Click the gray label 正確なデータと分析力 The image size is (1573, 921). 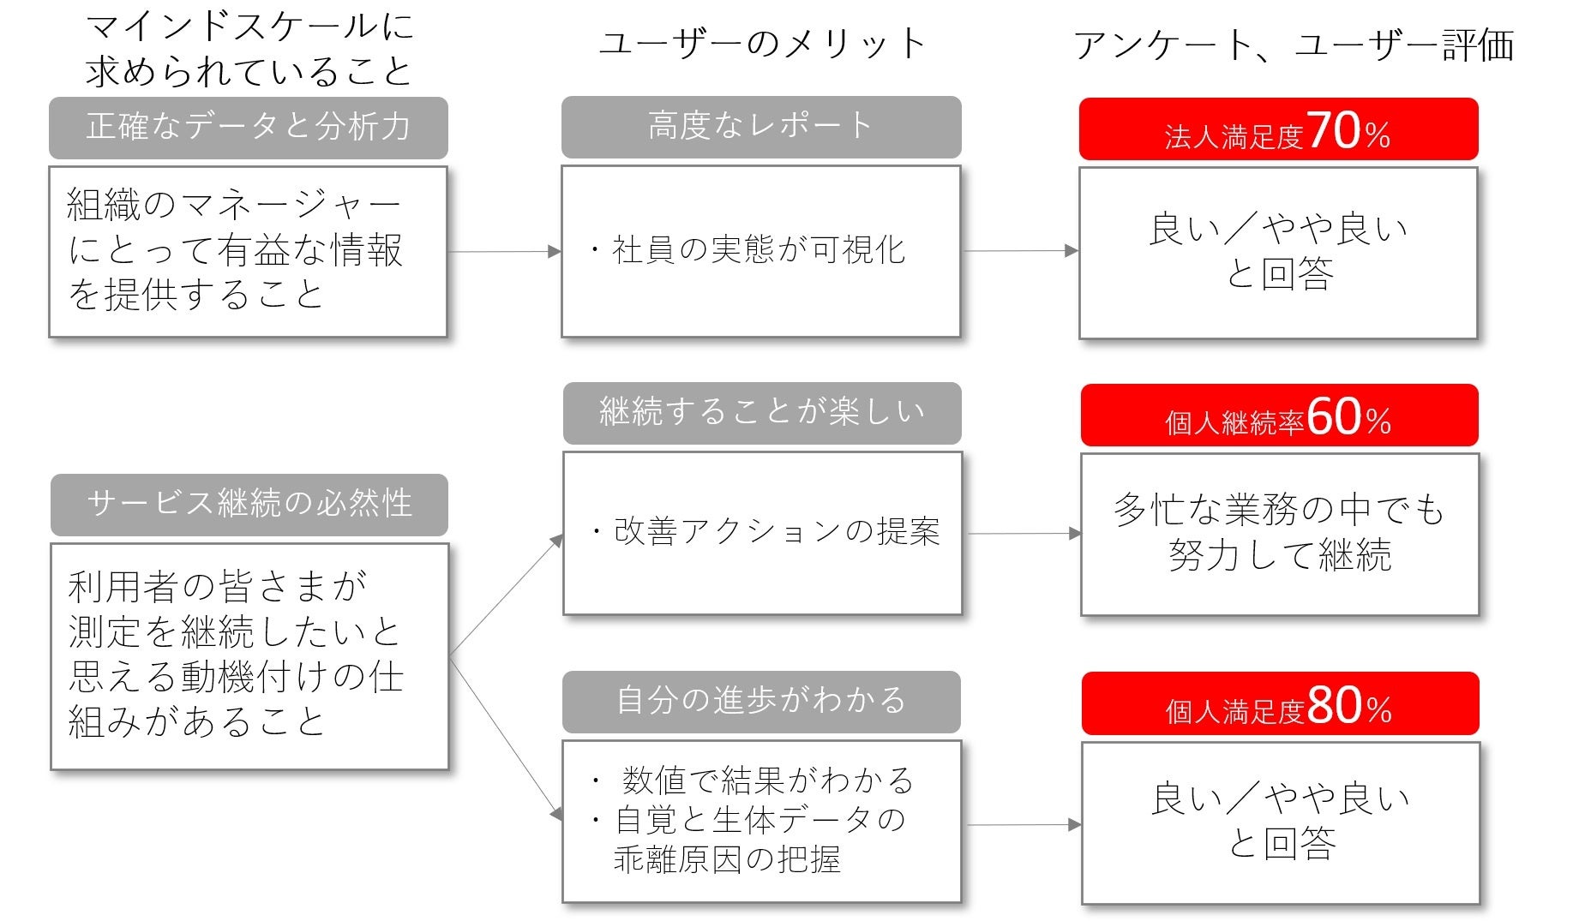click(x=249, y=127)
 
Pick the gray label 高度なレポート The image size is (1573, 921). click(x=760, y=126)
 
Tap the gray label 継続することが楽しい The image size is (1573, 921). click(x=762, y=412)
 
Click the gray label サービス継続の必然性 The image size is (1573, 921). click(x=249, y=503)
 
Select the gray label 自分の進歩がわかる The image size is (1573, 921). click(x=761, y=700)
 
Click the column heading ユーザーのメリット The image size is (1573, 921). click(x=762, y=43)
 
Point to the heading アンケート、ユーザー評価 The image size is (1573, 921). click(x=1294, y=45)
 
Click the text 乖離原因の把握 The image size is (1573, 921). click(x=727, y=859)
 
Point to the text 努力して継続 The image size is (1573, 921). click(x=1279, y=556)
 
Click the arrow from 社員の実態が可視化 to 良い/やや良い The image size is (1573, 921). click(x=1020, y=251)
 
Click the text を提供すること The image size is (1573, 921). click(x=196, y=295)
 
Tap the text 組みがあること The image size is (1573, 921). click(x=197, y=721)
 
